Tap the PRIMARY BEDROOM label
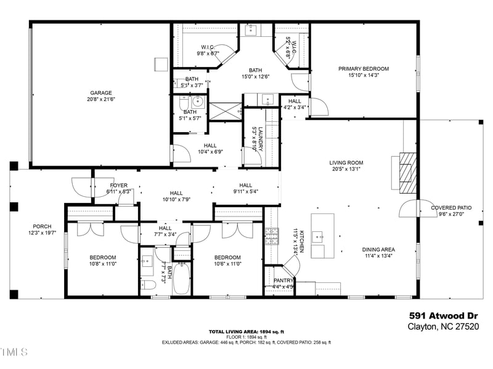coord(364,69)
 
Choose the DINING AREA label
coord(378,250)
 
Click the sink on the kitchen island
coord(317,235)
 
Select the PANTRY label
coord(283,280)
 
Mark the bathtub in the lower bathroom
coord(182,279)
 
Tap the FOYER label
coord(119,185)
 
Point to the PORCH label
coord(42,226)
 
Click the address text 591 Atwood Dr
coord(442,316)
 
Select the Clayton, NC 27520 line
coord(442,327)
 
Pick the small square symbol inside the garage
coord(161,64)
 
